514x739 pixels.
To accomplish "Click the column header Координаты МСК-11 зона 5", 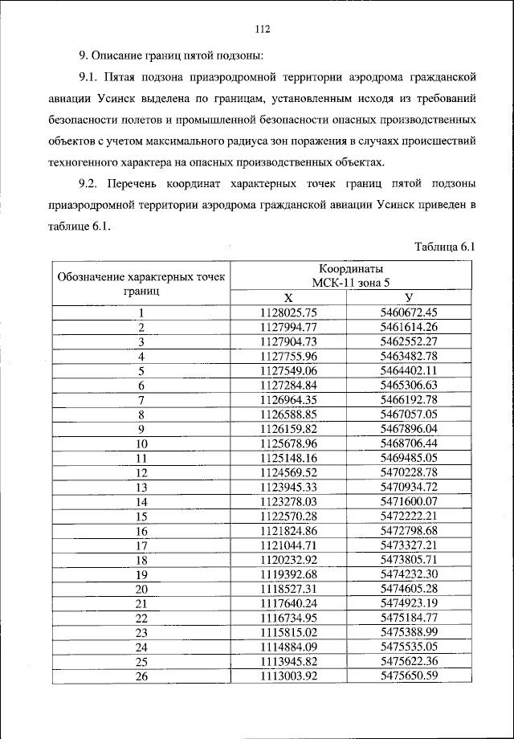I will click(x=346, y=275).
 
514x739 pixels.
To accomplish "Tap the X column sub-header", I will click(x=288, y=297).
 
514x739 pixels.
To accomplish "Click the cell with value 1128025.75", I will click(x=289, y=312).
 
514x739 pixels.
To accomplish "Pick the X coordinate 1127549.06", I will click(x=289, y=370).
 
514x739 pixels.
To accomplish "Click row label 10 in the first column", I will click(x=141, y=443).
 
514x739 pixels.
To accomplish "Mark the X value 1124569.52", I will click(x=289, y=472).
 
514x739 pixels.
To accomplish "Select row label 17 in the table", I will click(x=141, y=544).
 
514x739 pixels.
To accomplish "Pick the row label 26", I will click(x=141, y=675).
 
